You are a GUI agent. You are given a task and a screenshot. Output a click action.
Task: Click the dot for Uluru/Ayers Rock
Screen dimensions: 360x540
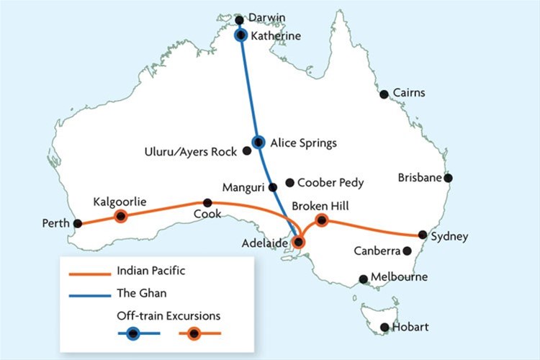(x=247, y=151)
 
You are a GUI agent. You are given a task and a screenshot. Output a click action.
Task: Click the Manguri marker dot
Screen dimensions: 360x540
(x=272, y=187)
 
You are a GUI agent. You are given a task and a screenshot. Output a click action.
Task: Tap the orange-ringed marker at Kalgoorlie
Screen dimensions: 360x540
(x=121, y=216)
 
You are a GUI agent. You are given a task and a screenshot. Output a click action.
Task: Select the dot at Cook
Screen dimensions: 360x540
(x=207, y=202)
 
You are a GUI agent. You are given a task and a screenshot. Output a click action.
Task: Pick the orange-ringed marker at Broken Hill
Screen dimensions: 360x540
(x=322, y=220)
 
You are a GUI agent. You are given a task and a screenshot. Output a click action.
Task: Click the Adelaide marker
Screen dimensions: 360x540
(x=300, y=243)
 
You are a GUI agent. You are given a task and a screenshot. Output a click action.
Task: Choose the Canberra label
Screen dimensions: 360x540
(x=377, y=251)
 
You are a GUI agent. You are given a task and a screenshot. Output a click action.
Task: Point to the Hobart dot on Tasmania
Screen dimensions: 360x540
(x=385, y=328)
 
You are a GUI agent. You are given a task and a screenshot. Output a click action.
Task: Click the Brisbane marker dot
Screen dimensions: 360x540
(x=448, y=178)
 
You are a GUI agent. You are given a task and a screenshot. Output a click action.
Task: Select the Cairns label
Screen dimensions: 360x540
(x=408, y=93)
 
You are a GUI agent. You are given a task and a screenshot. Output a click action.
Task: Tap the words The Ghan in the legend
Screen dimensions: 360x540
(x=137, y=293)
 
